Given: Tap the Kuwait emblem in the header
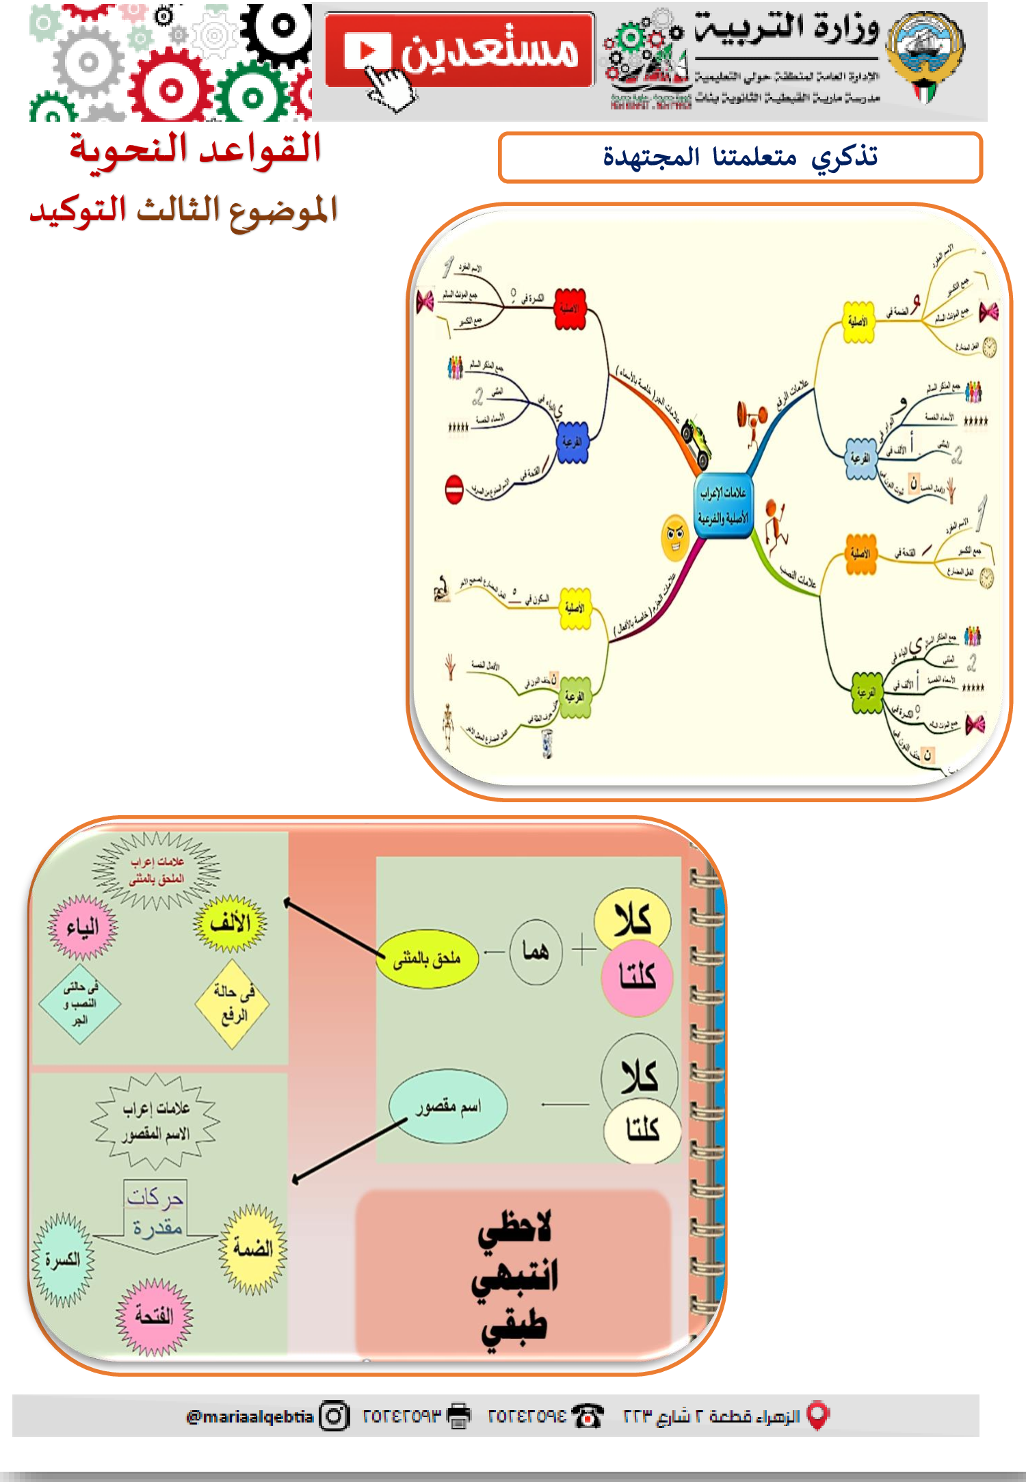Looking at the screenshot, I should click(x=924, y=56).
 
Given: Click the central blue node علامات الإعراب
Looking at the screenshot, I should click(x=723, y=505).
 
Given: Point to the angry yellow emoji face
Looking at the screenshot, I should click(x=674, y=537).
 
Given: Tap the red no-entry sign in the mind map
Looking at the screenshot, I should click(x=454, y=490).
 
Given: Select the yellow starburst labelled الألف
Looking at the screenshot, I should click(x=231, y=923).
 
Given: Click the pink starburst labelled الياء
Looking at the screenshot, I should click(x=83, y=927).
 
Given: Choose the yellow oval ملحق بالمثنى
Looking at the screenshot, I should click(x=427, y=959).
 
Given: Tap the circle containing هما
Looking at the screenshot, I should click(x=536, y=951).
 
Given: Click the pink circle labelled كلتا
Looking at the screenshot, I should click(x=637, y=977).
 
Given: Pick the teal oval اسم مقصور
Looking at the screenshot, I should click(x=448, y=1106).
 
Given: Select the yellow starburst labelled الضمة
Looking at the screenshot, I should click(x=252, y=1248).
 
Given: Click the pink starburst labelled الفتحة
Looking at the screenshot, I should click(x=154, y=1315).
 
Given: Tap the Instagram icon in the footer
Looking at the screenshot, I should click(x=334, y=1416).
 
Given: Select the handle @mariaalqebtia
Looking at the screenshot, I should click(x=250, y=1416).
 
